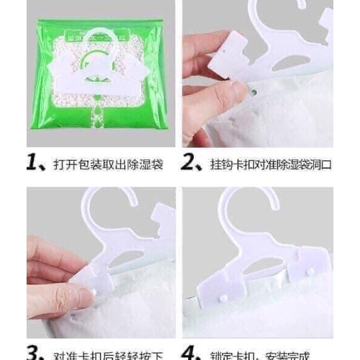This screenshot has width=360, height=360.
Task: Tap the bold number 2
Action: click(x=190, y=165)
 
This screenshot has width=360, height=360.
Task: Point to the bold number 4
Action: click(x=191, y=351)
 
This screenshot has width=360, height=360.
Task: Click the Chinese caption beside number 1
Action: click(x=107, y=165)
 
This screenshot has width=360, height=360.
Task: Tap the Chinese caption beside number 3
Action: click(x=108, y=353)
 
